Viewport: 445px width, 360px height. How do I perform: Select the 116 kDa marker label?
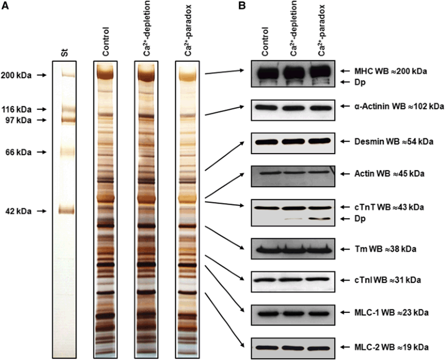pos(16,109)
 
